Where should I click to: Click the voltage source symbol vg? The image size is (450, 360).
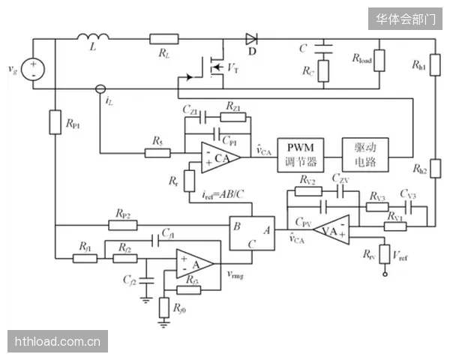pos(33,69)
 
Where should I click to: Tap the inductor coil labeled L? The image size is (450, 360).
pos(93,37)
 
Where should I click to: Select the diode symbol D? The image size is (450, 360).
pos(251,39)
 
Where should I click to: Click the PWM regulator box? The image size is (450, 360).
pos(301,155)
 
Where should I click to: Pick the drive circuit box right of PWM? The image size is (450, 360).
pos(365,155)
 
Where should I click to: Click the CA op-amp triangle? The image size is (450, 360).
pos(220,157)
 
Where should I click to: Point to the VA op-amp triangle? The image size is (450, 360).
pos(331,229)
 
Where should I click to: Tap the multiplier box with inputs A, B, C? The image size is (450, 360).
pos(252,233)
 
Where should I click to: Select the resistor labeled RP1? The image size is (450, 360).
pos(55,122)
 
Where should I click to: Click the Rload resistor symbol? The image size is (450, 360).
pos(379,61)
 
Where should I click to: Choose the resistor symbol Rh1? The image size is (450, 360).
pos(435,65)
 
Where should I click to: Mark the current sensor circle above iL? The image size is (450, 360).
pos(100,89)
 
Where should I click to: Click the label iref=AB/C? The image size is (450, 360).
pos(223,195)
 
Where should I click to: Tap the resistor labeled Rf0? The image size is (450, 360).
pos(163,307)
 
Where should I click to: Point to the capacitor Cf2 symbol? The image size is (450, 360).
pos(146,280)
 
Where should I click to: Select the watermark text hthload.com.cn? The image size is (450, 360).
pos(58,342)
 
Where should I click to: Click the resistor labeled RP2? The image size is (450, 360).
pos(123,225)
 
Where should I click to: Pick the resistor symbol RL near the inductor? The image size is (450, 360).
pos(164,39)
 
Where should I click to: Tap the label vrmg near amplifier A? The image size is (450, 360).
pos(235,274)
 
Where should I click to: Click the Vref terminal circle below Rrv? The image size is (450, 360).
pos(385,274)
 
